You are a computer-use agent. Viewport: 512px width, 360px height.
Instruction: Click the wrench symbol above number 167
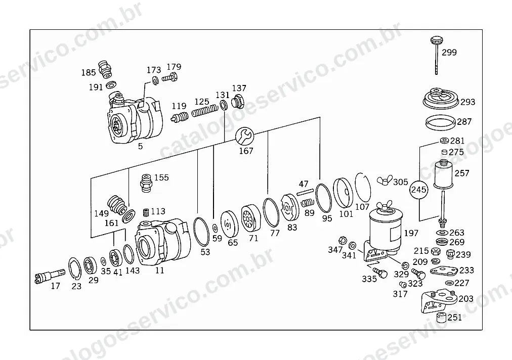click(x=244, y=136)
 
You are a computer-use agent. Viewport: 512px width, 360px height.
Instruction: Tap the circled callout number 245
click(x=418, y=190)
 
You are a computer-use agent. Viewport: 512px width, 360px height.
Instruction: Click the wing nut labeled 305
click(x=385, y=181)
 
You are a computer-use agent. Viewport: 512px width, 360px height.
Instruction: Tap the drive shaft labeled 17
click(x=49, y=276)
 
